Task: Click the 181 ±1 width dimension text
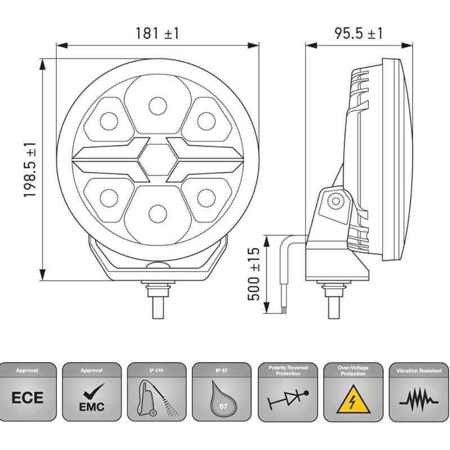[157, 33]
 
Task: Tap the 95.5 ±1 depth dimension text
[358, 33]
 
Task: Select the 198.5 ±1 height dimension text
[30, 170]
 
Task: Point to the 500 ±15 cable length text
[254, 274]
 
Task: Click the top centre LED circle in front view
[157, 106]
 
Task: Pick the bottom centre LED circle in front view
[157, 214]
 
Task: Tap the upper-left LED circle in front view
[109, 121]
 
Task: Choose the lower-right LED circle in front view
[206, 198]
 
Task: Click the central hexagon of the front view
[157, 160]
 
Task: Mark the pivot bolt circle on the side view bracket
[336, 201]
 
